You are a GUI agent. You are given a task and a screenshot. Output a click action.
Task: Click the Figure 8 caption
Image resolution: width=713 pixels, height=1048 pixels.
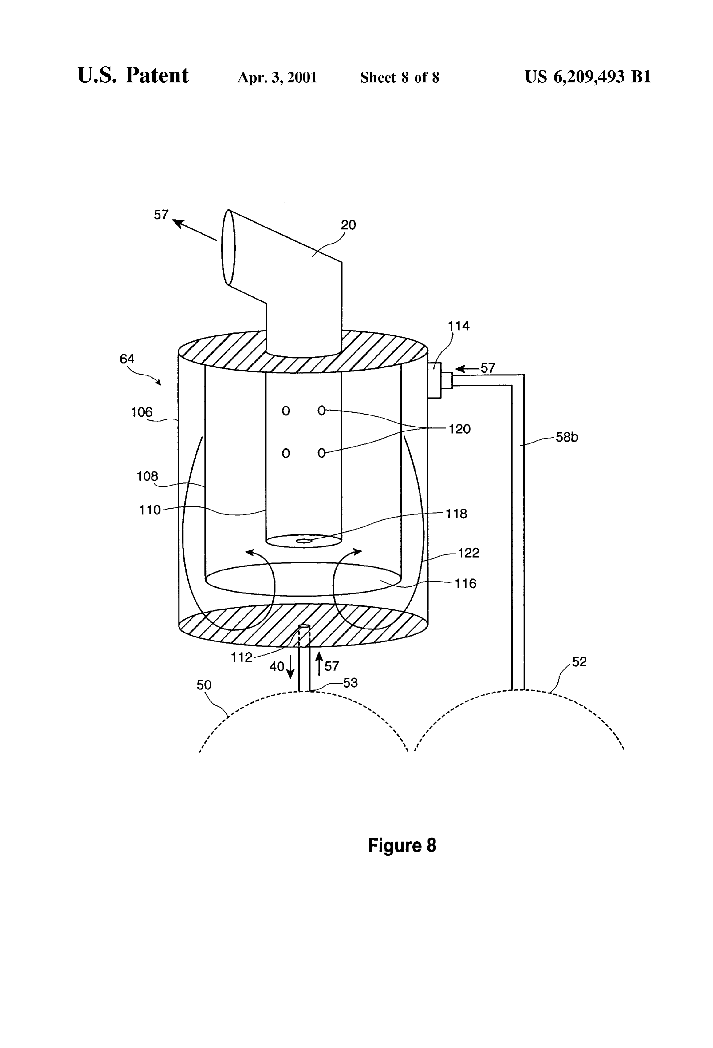point(402,845)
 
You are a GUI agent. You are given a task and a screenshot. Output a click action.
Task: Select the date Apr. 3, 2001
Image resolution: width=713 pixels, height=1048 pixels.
point(277,77)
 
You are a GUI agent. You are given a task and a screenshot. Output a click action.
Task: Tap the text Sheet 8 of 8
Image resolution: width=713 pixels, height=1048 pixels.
point(400,77)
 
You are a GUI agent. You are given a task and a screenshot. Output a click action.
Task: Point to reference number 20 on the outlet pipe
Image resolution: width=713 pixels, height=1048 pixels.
point(349,224)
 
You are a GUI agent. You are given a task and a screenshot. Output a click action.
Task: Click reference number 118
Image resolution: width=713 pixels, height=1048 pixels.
point(456,514)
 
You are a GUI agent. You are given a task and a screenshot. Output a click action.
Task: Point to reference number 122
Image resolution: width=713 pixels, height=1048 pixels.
point(469,553)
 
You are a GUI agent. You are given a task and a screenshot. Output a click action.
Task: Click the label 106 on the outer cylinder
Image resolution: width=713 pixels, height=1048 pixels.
point(141,412)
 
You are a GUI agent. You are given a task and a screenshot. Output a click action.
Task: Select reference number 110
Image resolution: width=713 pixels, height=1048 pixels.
point(150,510)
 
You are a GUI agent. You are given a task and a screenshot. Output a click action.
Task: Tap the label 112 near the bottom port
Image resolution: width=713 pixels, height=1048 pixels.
point(242,657)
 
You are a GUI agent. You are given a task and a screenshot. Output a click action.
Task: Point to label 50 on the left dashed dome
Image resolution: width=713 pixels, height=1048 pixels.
point(204,685)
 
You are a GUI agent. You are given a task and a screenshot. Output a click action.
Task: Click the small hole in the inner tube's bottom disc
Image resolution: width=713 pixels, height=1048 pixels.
point(303,541)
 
